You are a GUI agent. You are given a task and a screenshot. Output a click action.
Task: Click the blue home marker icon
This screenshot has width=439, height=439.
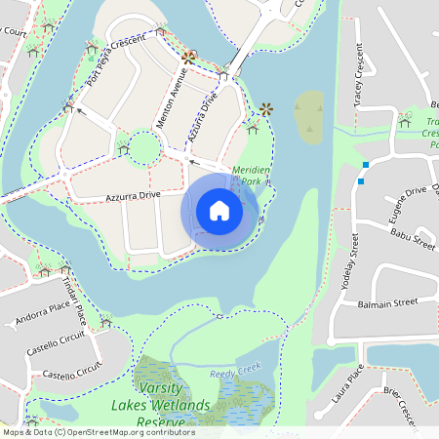coord(219,210)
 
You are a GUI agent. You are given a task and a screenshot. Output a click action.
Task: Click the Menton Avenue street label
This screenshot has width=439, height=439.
coord(172,99)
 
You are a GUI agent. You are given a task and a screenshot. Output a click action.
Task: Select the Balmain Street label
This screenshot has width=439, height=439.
coord(387,302)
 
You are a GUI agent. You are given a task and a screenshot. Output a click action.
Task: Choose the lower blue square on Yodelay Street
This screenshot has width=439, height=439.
coord(361,180)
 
